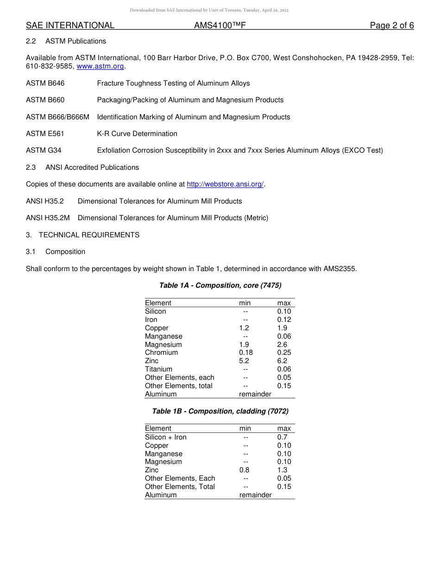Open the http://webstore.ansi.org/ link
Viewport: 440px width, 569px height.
225,184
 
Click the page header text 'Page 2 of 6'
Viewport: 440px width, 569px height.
392,25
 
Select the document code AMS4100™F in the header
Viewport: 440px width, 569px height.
220,25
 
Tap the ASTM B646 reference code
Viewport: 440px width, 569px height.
45,83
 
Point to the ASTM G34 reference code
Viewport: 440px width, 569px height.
44,150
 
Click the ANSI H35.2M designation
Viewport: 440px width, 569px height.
48,218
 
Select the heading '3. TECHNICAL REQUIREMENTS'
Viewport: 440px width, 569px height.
82,235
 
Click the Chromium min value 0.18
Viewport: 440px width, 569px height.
246,353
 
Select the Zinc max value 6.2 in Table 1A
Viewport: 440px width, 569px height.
282,361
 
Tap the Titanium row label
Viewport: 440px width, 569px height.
158,369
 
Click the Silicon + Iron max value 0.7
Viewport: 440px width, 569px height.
282,437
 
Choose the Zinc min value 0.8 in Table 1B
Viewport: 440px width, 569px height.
244,470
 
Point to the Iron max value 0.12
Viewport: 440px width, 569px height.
284,320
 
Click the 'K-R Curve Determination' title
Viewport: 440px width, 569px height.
137,134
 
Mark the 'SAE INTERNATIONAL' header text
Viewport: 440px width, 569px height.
70,25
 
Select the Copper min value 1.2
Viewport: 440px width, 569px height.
244,328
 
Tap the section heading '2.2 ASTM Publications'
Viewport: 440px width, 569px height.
66,41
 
